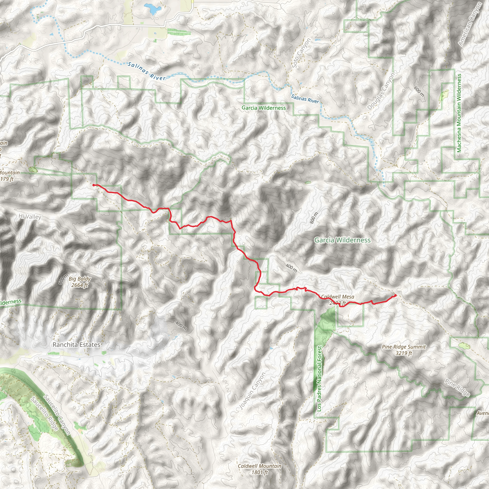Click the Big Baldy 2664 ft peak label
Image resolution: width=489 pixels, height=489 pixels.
coord(80,282)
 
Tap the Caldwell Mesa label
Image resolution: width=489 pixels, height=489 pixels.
coord(338,297)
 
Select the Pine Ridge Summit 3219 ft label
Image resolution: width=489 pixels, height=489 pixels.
coord(404,350)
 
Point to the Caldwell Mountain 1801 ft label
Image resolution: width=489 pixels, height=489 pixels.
coord(260,469)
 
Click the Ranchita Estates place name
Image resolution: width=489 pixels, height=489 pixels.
coord(76,345)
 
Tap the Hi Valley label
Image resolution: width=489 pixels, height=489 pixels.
coord(30,217)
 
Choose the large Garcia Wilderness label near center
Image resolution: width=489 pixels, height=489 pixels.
coord(342,240)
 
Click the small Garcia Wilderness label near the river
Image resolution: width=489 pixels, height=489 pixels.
coord(264,108)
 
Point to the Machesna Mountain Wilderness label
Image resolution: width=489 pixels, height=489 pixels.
coord(459,113)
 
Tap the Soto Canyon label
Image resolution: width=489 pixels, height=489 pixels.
coord(301,53)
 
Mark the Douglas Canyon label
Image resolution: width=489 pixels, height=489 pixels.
coord(381,91)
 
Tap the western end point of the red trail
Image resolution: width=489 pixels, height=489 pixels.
coord(94,185)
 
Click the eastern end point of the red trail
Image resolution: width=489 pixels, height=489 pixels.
coord(395,295)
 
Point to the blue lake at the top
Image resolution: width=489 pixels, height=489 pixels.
coord(152,9)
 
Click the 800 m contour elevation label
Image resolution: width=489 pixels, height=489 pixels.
coord(314,218)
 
